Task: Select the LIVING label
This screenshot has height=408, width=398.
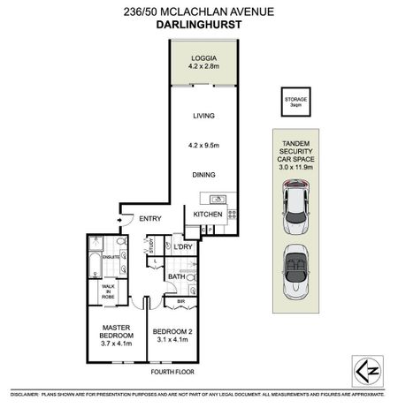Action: pos(204,116)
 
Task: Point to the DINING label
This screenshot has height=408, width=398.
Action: pos(204,175)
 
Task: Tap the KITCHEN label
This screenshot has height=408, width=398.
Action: pos(209,215)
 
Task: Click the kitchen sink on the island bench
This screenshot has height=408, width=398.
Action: pos(218,198)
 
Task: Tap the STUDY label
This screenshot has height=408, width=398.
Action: pos(151,246)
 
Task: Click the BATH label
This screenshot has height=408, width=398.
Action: pos(175,277)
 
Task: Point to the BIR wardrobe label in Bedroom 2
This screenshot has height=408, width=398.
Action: pos(180,301)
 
